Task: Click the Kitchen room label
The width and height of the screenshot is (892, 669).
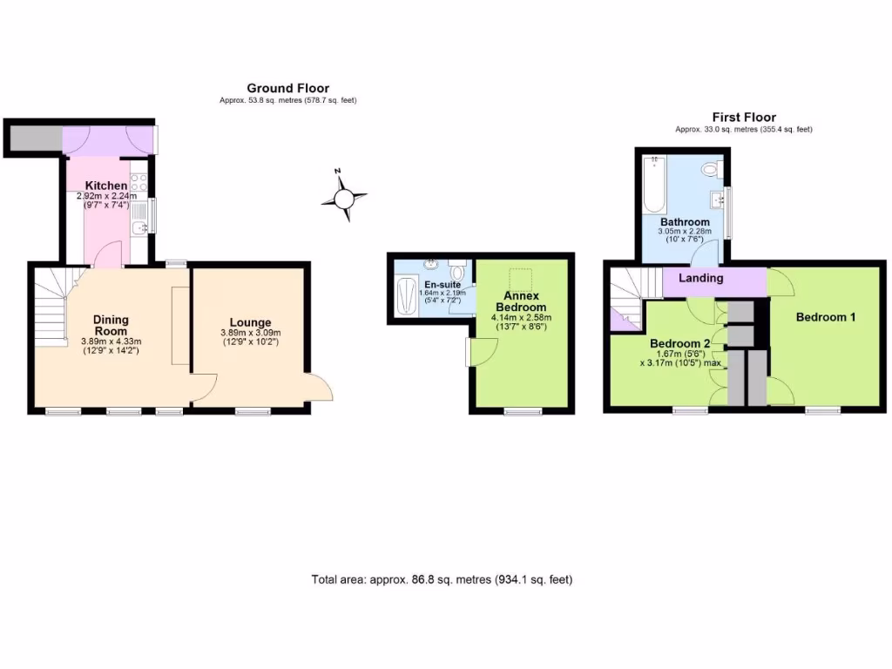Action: point(105,186)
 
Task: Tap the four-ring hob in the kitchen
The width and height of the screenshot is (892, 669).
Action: point(138,185)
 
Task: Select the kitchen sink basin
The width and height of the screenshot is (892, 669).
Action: point(139,229)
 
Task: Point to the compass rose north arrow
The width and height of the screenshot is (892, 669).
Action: point(344,199)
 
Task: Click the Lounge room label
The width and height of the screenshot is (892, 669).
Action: point(250,322)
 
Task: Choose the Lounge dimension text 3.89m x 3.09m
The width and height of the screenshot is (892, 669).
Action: point(250,334)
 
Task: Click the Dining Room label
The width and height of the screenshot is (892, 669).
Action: point(110,325)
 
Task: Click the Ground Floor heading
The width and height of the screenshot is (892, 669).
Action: point(287,88)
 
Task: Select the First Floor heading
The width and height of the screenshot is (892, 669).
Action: point(743,117)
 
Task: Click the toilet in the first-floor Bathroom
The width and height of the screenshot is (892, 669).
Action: point(710,167)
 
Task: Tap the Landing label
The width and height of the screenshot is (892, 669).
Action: point(701,278)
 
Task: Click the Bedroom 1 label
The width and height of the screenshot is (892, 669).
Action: point(825,317)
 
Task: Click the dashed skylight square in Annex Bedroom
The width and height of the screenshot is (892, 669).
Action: point(520,280)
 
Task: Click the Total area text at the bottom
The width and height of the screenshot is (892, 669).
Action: point(442,579)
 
